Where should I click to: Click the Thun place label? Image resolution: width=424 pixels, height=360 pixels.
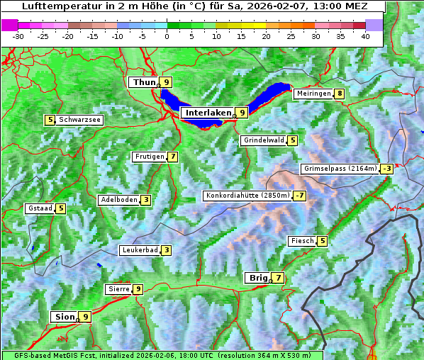pos(144,83)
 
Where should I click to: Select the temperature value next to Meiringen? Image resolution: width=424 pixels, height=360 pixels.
pos(340,94)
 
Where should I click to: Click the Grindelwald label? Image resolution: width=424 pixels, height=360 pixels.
pos(264,140)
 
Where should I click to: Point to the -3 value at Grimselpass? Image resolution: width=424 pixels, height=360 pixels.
pos(386,169)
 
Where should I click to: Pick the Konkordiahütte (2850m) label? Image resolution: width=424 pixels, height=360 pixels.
pos(247,196)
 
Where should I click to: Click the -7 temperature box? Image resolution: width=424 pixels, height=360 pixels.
pos(301,196)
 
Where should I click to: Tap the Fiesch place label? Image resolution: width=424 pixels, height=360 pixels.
pos(301,241)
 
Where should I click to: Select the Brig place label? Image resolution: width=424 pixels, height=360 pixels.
pos(257,278)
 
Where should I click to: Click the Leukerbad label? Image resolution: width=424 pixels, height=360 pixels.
pos(138,250)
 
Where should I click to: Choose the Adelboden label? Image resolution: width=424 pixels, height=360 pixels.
pos(118,200)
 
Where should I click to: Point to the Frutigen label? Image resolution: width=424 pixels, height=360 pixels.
pos(149,157)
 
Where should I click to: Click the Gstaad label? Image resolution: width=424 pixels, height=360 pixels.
pos(40,208)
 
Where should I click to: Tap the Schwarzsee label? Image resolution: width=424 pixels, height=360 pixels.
pos(79,120)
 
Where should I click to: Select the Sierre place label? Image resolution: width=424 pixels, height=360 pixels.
pos(118,289)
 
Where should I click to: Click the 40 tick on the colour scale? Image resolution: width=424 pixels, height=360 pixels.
pos(365,36)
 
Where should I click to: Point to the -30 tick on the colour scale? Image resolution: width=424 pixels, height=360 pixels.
pos(18,36)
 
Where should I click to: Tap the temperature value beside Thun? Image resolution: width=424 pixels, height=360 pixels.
pos(167,83)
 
